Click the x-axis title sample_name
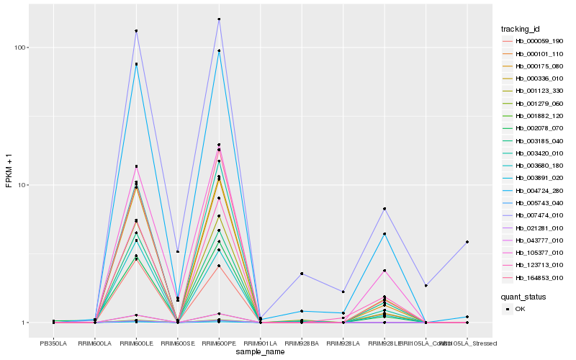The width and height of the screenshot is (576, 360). click(x=260, y=352)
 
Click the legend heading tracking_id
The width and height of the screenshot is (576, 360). click(x=521, y=29)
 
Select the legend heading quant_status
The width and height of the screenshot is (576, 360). click(x=523, y=296)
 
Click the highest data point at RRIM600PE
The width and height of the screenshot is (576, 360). click(x=219, y=19)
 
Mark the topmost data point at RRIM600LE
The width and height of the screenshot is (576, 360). click(x=136, y=31)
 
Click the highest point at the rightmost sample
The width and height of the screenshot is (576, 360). click(x=467, y=242)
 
